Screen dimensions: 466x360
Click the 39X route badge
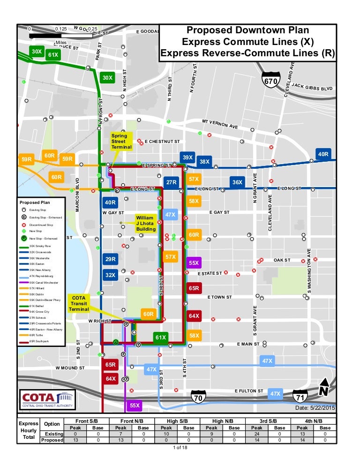click(x=187, y=158)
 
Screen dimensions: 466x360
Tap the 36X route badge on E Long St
click(x=237, y=182)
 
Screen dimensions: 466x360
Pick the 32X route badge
click(x=110, y=275)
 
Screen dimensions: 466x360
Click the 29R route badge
click(x=110, y=259)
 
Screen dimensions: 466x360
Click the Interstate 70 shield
click(x=199, y=398)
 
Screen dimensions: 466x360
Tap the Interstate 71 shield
click(x=300, y=398)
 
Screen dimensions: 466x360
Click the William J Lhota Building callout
click(x=146, y=223)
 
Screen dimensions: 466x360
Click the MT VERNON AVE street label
click(x=220, y=124)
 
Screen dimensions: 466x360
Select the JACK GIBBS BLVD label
click(x=312, y=87)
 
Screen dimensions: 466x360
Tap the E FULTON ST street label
click(x=249, y=391)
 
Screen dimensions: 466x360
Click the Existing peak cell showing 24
click(x=256, y=434)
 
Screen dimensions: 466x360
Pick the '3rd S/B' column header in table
click(x=268, y=421)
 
